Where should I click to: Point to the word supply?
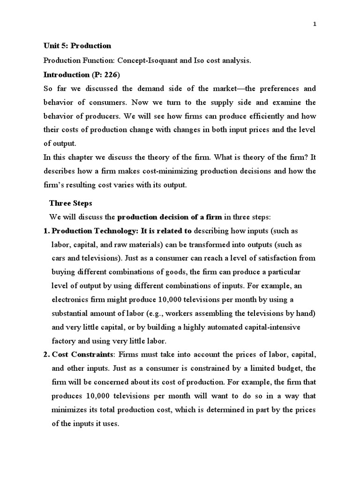(224, 102)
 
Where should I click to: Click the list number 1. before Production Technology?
(46, 231)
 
